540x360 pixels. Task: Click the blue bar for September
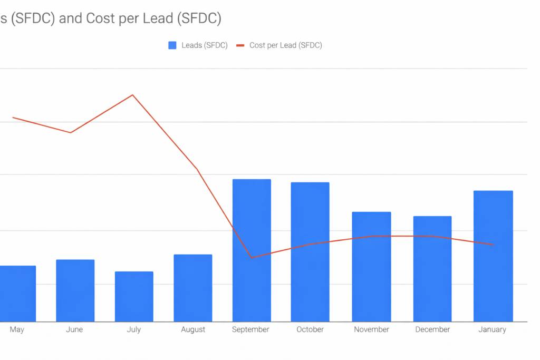tap(252, 250)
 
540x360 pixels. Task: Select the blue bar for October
tap(310, 252)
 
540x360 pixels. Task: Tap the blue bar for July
tap(134, 296)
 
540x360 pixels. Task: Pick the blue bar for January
tap(493, 256)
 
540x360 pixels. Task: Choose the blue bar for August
tap(193, 288)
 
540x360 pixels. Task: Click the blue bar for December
tap(432, 269)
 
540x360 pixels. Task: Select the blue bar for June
tap(75, 290)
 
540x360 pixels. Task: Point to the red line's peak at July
tap(132, 95)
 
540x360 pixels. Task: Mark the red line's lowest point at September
tap(252, 258)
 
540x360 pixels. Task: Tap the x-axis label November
tap(371, 329)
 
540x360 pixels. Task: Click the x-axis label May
tap(17, 329)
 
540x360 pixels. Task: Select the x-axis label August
tap(193, 329)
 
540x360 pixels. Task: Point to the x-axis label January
tap(492, 329)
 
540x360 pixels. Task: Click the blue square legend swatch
tap(172, 45)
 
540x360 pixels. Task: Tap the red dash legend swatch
tap(240, 45)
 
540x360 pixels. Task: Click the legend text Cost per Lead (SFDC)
tap(285, 45)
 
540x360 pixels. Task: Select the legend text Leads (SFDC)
tap(205, 45)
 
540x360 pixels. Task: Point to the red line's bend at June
tap(71, 132)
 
